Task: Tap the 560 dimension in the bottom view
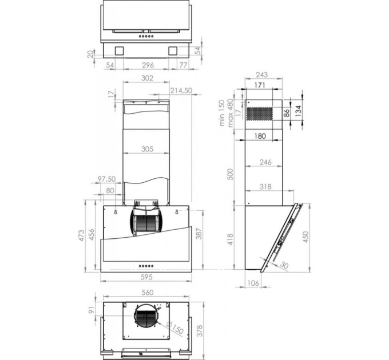[x=147, y=293]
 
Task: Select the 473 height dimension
[x=82, y=235]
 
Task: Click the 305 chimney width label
[x=146, y=150]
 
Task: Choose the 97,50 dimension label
[x=107, y=179]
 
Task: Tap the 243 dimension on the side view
[x=261, y=75]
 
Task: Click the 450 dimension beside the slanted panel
[x=305, y=235]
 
